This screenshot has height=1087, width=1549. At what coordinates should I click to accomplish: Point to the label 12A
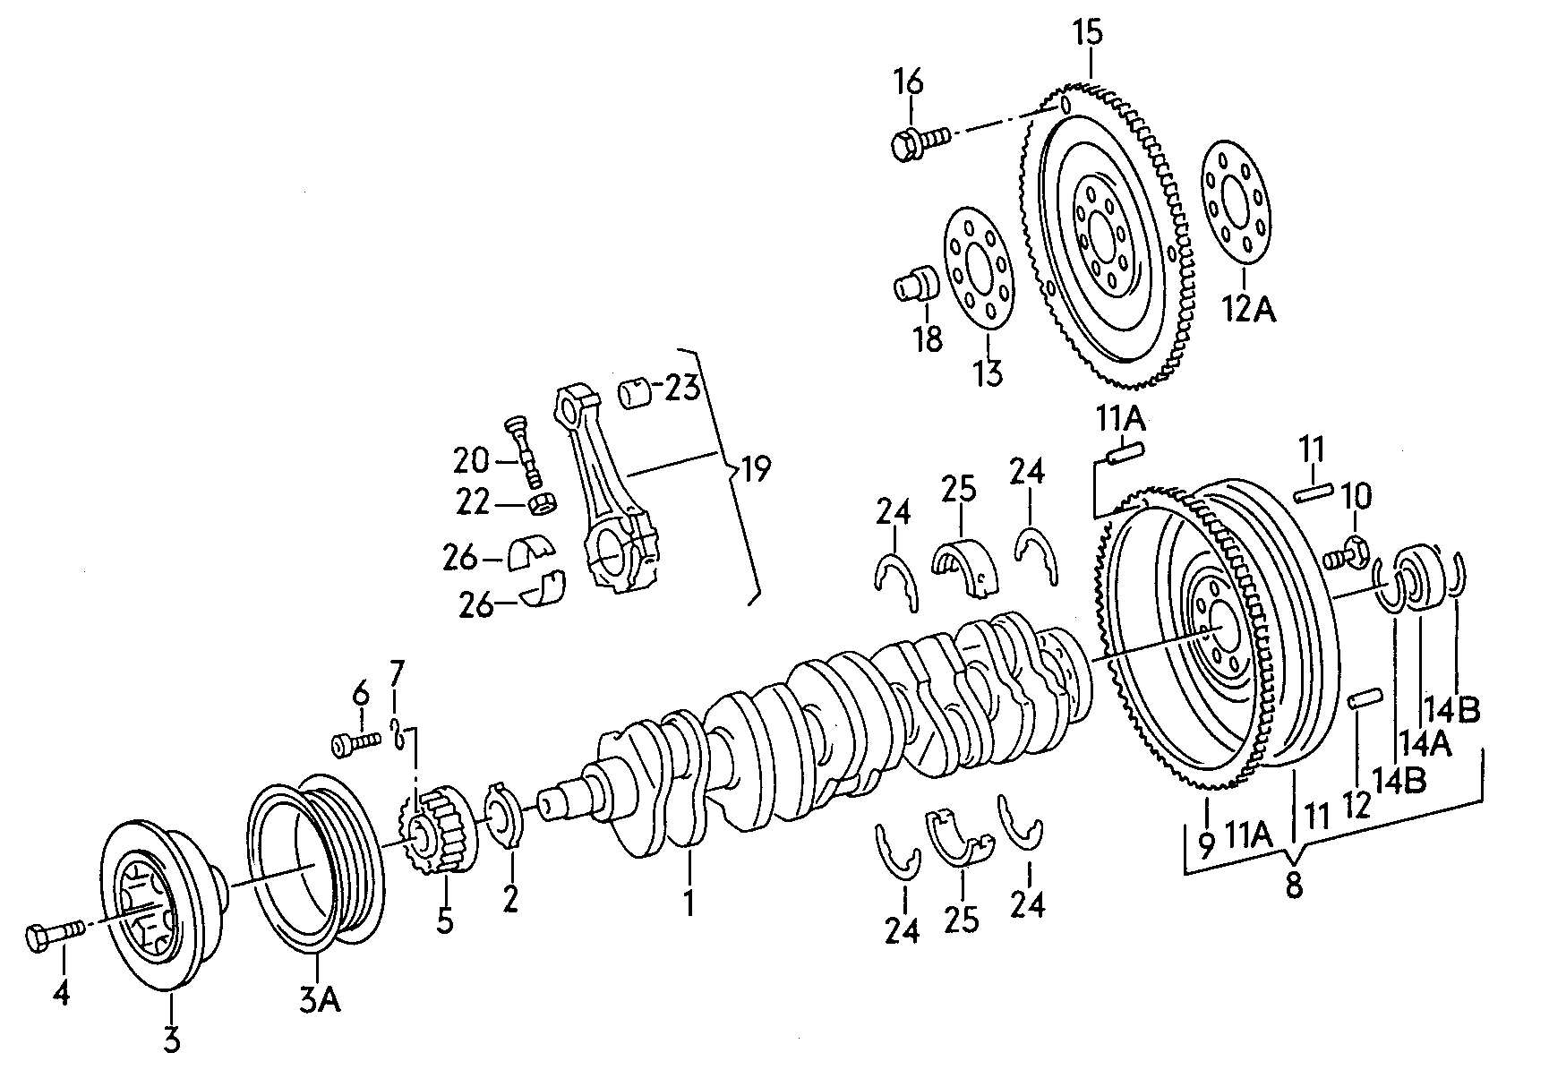coord(1249,309)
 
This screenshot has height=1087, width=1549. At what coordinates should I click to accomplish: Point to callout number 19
coord(756,468)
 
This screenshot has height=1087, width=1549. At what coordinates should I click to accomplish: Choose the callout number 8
coord(1293,886)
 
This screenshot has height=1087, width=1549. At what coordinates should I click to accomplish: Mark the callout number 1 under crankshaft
coord(689,903)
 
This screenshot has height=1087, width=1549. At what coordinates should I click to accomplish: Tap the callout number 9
coord(1206,843)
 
